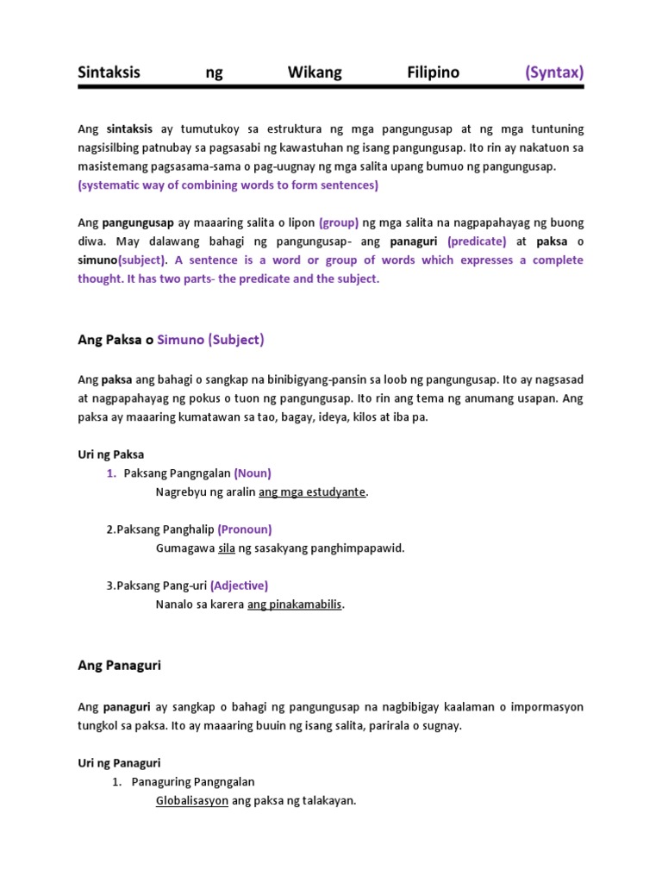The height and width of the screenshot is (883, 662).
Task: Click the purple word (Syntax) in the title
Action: (554, 72)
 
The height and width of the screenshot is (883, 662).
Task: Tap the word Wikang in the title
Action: (315, 72)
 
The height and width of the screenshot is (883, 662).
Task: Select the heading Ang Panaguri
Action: (120, 666)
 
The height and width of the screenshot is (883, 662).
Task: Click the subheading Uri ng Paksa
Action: (111, 454)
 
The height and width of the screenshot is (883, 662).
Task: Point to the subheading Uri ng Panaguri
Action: (119, 763)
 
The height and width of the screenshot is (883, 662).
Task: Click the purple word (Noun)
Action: (253, 473)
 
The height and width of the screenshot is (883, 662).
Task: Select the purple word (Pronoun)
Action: (245, 529)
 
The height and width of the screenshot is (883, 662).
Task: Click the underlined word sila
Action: (227, 548)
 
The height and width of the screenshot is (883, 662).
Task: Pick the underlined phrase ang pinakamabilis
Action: (295, 604)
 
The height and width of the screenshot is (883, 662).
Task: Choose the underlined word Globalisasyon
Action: (192, 801)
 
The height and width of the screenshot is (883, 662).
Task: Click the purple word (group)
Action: (339, 222)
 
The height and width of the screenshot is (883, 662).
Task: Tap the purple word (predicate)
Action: (477, 241)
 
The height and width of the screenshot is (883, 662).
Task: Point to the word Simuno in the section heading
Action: (181, 340)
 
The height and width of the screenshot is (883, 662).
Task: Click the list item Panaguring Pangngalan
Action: (193, 782)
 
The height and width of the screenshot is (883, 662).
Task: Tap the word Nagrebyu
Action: (183, 492)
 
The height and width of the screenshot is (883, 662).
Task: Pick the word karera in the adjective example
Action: (226, 604)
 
